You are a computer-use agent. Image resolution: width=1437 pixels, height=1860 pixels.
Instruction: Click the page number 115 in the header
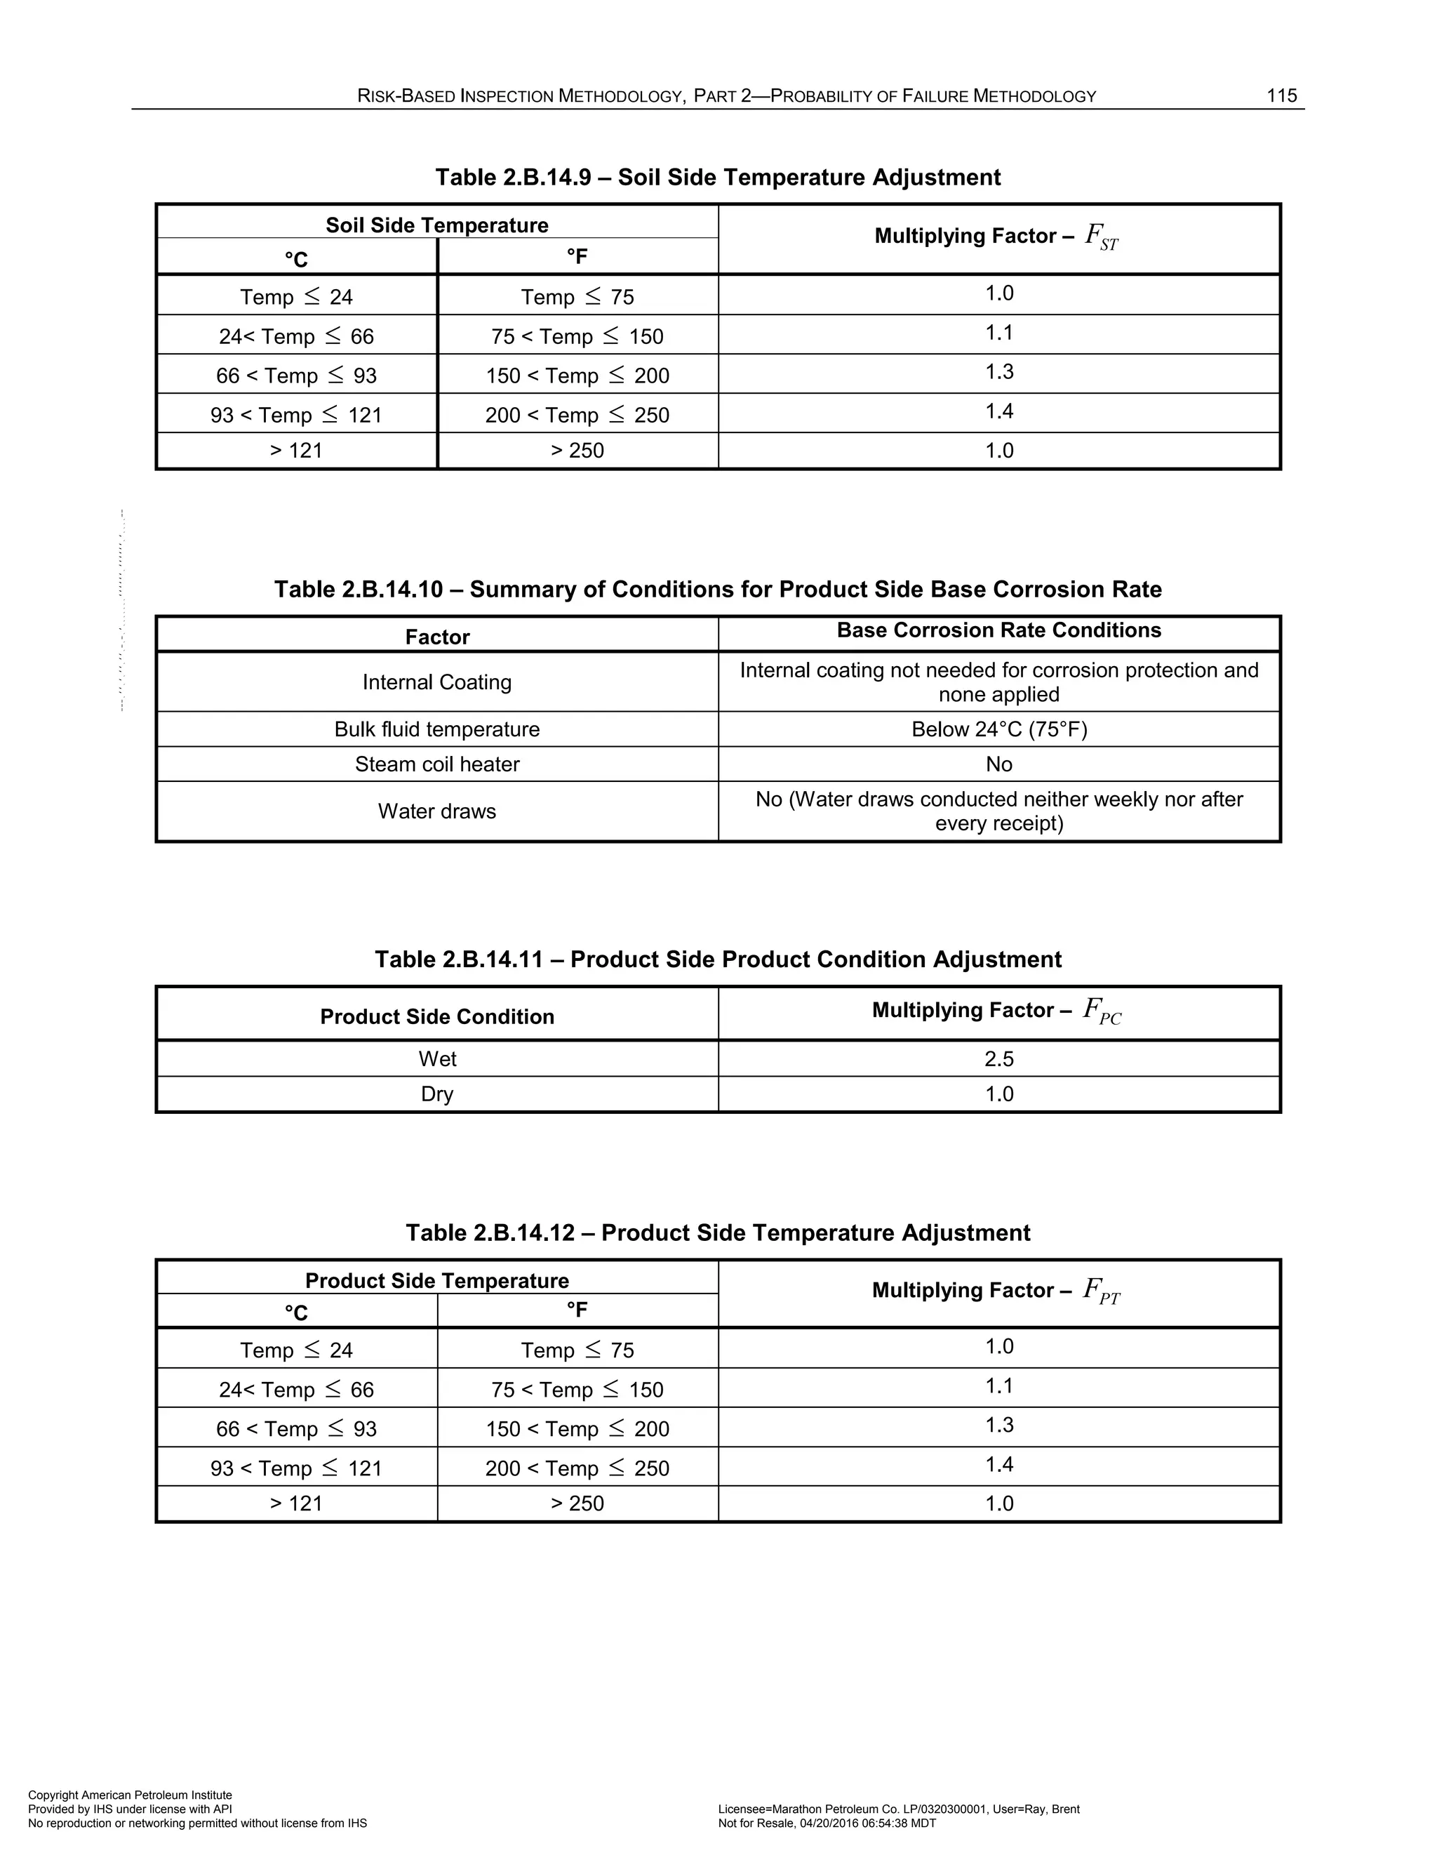[x=1281, y=95]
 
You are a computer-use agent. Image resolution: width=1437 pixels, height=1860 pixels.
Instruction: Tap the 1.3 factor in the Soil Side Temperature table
[x=998, y=372]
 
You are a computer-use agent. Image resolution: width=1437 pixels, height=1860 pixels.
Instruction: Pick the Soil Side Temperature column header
[x=436, y=225]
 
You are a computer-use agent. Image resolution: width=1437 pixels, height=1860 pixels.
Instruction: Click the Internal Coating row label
[x=436, y=682]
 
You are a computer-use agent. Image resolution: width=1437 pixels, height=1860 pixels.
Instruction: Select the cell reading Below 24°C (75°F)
[x=998, y=729]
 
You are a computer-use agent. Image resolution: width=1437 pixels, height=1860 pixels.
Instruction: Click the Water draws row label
[x=436, y=811]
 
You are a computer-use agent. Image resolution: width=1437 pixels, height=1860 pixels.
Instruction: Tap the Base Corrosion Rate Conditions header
[x=998, y=630]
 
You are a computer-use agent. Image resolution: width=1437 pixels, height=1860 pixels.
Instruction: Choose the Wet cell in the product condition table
[x=436, y=1058]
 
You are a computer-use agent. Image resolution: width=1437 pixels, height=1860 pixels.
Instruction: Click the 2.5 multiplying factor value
[x=998, y=1058]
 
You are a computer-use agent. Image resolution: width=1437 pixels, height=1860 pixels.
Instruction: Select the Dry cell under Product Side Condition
[x=436, y=1094]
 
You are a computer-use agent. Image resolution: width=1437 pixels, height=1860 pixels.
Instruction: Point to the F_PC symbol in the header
[x=1102, y=1011]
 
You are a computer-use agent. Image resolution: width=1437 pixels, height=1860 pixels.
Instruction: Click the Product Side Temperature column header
[x=436, y=1281]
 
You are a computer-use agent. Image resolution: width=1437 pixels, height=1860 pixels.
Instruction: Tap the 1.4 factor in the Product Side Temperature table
[x=998, y=1465]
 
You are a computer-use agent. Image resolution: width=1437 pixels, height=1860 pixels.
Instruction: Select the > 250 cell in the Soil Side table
[x=577, y=451]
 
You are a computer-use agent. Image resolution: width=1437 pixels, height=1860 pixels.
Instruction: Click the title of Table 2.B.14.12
[x=718, y=1233]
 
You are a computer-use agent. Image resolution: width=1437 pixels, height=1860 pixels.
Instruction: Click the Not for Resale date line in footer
[x=827, y=1824]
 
